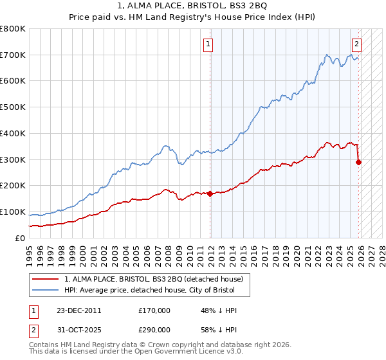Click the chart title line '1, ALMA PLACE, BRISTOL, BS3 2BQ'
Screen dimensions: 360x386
[192, 6]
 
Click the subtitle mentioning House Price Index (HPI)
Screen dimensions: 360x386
[192, 18]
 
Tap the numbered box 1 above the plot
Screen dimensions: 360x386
[209, 44]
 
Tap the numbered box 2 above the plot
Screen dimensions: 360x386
[356, 44]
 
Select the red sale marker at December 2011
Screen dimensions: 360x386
[210, 193]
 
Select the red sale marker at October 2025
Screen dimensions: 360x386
[359, 162]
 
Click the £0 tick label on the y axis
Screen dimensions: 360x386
[21, 238]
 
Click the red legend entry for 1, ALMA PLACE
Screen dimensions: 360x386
[153, 280]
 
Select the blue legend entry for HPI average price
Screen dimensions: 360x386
[153, 291]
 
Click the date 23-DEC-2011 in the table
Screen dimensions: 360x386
[78, 310]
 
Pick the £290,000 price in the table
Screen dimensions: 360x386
[154, 328]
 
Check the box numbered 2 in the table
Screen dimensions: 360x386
[33, 328]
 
